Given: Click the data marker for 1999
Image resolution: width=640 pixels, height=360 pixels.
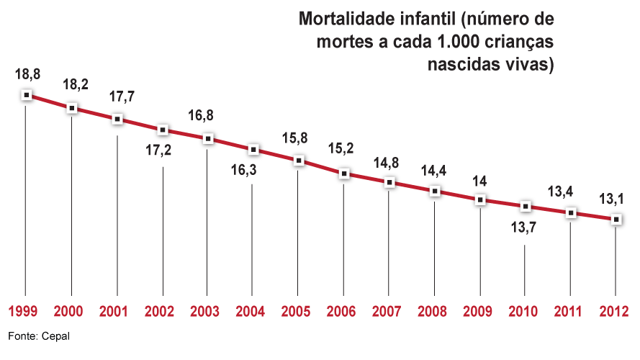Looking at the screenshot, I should pyautogui.click(x=27, y=94).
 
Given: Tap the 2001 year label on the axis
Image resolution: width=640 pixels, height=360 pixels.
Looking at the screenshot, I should pyautogui.click(x=115, y=312).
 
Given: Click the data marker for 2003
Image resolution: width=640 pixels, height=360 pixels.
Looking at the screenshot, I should pyautogui.click(x=208, y=138).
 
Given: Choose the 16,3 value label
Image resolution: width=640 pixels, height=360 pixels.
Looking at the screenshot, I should pyautogui.click(x=251, y=172).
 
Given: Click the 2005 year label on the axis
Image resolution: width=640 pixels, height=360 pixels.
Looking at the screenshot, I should pyautogui.click(x=297, y=312).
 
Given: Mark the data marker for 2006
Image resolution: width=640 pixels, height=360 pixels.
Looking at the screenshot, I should pyautogui.click(x=344, y=174).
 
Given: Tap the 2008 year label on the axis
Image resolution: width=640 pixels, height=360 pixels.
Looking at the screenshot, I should pyautogui.click(x=433, y=312).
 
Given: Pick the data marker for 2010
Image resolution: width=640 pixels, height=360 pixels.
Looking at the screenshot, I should pyautogui.click(x=525, y=206).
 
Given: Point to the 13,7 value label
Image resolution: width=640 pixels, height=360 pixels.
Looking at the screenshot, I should pyautogui.click(x=526, y=228).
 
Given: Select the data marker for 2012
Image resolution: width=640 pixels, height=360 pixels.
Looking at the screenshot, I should pyautogui.click(x=616, y=220).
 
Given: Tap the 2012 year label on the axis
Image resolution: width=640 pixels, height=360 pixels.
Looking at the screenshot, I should pyautogui.click(x=614, y=312).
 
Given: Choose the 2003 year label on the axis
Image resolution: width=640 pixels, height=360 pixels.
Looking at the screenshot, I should pyautogui.click(x=206, y=312).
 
